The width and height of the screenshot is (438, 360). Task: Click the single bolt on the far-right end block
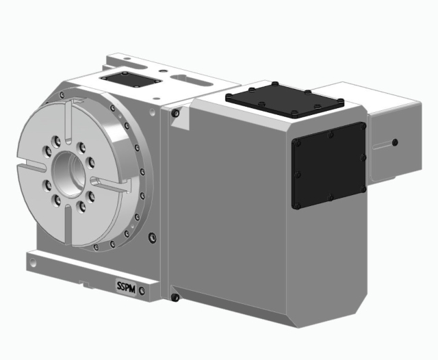click(394, 142)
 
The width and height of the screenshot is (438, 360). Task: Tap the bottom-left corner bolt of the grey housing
click(175, 297)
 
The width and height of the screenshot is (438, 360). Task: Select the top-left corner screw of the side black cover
click(297, 142)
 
